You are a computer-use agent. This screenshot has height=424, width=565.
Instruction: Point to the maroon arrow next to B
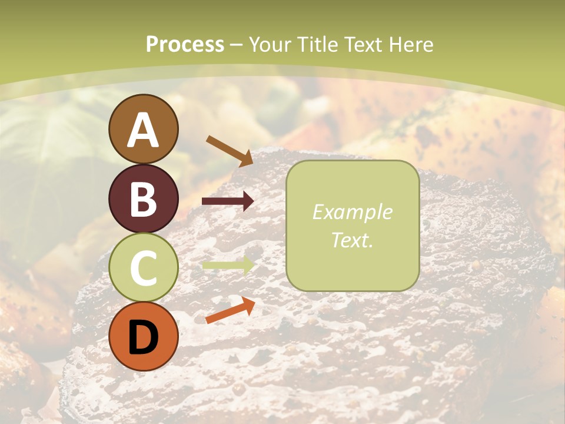pos(228,201)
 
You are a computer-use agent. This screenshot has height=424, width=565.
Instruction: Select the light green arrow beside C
pos(228,265)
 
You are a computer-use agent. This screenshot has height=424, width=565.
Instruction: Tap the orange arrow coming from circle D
pos(230,310)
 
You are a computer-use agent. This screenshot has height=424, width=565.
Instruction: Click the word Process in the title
pos(185,44)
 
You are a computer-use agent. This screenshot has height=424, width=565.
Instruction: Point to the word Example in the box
pos(352,212)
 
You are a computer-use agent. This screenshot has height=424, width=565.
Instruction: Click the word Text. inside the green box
pos(352,240)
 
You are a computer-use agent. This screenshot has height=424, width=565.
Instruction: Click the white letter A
pos(143,130)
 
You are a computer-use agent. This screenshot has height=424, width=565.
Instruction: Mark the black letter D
pos(143,337)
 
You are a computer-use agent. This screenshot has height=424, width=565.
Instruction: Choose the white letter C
pos(143,269)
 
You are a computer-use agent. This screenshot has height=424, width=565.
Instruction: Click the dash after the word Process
pos(236,45)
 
